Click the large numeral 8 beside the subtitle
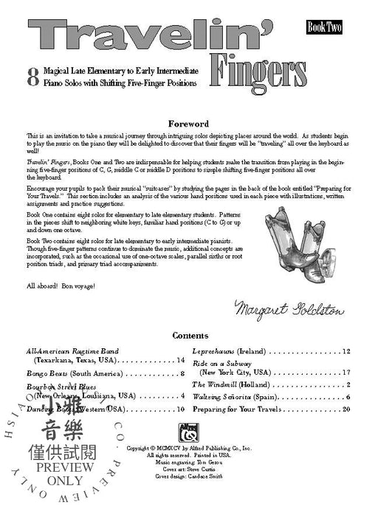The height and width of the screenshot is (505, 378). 32,77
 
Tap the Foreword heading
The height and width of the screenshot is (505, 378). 189,123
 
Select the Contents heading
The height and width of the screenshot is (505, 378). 190,335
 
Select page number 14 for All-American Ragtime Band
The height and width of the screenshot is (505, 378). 180,360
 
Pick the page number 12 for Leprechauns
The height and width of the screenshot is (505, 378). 346,351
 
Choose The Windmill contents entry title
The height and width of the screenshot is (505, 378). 219,384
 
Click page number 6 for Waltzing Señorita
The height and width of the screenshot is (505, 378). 348,396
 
